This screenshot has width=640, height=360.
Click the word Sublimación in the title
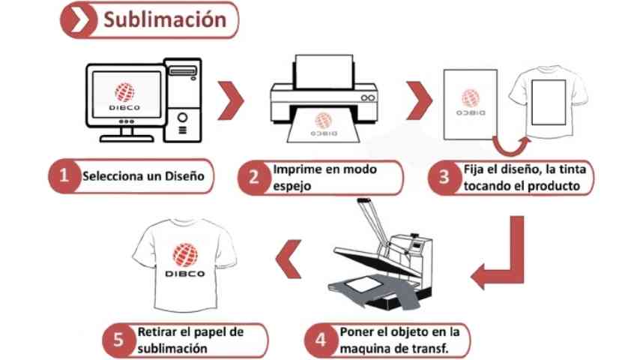coord(164,19)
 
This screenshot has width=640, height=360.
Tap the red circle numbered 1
coord(64,176)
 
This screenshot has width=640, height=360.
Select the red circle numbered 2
coord(253,178)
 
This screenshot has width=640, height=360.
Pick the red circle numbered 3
coord(444,178)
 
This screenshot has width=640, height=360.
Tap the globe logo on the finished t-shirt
coord(183,256)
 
